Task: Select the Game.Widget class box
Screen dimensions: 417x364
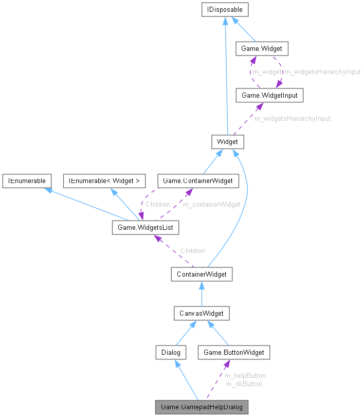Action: coord(261,49)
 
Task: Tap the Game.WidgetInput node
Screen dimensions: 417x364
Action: coord(266,95)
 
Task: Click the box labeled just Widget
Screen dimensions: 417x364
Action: coord(227,141)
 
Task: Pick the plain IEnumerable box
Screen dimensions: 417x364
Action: coord(26,180)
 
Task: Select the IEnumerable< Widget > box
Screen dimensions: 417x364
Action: coord(104,180)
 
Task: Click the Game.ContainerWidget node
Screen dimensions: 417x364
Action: coord(198,180)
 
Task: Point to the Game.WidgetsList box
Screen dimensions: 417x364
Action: coord(145,227)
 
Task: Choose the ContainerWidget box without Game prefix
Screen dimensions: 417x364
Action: coord(202,274)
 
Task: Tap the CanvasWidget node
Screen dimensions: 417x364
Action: coord(202,313)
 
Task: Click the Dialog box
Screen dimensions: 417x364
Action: coord(170,352)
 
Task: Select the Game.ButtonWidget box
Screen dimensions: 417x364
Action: coord(234,352)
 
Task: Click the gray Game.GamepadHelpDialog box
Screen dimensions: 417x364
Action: coord(202,407)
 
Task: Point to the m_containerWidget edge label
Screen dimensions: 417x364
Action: coord(212,204)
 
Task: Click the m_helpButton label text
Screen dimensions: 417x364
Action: coord(245,375)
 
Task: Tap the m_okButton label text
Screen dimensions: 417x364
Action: coord(244,384)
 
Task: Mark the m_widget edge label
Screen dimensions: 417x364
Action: coord(266,72)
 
